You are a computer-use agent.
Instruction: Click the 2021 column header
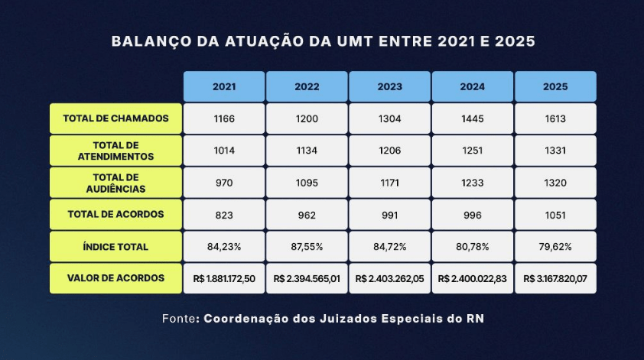[x=224, y=86]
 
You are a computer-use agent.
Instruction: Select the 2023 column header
[x=390, y=86]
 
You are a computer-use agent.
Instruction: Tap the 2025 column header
[x=555, y=86]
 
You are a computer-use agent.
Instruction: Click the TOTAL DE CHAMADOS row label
[x=115, y=118]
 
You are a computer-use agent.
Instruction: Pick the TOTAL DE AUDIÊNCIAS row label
[x=115, y=183]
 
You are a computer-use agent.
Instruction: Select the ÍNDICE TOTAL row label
[x=115, y=247]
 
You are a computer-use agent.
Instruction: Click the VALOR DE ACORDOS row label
[x=115, y=278]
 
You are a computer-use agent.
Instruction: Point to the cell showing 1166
[x=224, y=118]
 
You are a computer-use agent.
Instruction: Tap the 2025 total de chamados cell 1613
[x=555, y=118]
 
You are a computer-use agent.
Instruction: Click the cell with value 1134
[x=307, y=151]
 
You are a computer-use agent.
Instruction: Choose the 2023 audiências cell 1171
[x=390, y=183]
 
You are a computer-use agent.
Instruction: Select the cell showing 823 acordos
[x=224, y=215]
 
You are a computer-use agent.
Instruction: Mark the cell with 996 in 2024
[x=472, y=215]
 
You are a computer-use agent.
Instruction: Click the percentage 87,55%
[x=307, y=247]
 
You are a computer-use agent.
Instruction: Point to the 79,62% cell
[x=555, y=247]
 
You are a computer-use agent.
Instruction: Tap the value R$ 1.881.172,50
[x=224, y=279]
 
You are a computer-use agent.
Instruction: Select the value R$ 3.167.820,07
[x=555, y=279]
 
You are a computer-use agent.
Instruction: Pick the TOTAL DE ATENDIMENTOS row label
[x=115, y=151]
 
